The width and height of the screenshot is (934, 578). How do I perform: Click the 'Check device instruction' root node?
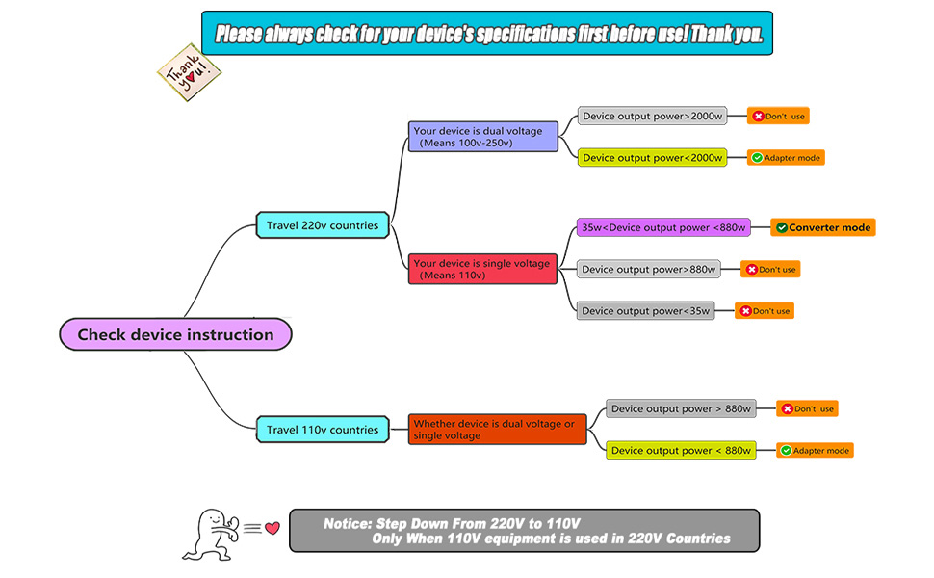(x=174, y=334)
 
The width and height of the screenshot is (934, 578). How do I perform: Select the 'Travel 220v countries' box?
(x=323, y=225)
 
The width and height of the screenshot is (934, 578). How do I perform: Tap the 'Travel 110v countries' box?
(x=323, y=430)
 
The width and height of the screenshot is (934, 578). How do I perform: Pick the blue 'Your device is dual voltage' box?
(x=483, y=136)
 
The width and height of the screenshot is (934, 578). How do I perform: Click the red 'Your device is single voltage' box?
(x=483, y=269)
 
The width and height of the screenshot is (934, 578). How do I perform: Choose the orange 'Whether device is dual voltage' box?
(x=497, y=430)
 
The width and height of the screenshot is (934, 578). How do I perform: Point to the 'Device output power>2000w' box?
(x=652, y=116)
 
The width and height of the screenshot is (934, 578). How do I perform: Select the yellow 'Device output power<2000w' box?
(x=652, y=157)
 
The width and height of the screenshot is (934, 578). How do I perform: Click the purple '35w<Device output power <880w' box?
(x=663, y=228)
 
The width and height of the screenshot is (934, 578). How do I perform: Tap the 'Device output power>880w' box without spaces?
(x=649, y=269)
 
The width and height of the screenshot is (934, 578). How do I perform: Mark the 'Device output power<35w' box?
(x=645, y=310)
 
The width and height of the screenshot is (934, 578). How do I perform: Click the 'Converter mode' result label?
(x=823, y=228)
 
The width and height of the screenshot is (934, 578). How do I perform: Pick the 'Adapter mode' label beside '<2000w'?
(x=787, y=157)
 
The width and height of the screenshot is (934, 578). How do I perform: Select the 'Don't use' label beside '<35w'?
(x=765, y=310)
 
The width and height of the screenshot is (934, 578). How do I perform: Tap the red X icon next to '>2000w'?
(x=759, y=116)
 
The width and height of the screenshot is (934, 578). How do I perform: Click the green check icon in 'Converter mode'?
(x=782, y=228)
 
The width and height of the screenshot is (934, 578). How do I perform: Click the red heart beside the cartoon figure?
(x=272, y=527)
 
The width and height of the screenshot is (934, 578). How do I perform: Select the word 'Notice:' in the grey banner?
(x=348, y=523)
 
